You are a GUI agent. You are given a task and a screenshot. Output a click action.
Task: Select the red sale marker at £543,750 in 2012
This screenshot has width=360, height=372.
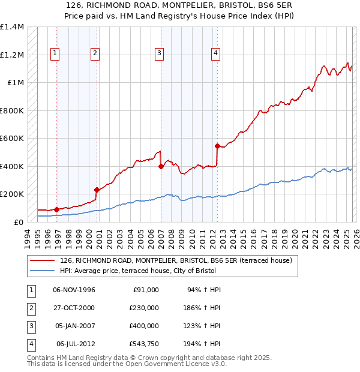tap(217, 145)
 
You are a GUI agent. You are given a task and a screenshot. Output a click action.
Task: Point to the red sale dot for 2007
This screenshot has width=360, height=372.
tap(161, 166)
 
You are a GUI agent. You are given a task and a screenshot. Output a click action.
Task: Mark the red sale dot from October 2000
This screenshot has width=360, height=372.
tap(97, 190)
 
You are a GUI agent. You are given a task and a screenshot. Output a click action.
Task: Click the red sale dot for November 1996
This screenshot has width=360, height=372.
tap(57, 209)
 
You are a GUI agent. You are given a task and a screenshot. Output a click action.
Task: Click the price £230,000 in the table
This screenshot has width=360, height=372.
tap(143, 307)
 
